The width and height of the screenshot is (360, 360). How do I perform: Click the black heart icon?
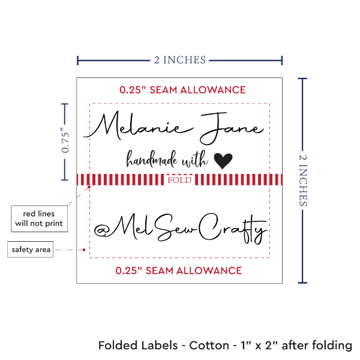223,160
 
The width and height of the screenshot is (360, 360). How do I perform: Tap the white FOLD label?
180,179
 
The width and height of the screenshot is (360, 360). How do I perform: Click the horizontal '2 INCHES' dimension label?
180,59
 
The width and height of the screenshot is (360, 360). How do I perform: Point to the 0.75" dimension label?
65,141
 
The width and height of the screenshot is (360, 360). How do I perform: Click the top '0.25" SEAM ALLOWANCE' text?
182,90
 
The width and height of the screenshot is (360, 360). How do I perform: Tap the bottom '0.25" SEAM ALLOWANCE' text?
179,270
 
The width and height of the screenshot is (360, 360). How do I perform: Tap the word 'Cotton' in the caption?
212,346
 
